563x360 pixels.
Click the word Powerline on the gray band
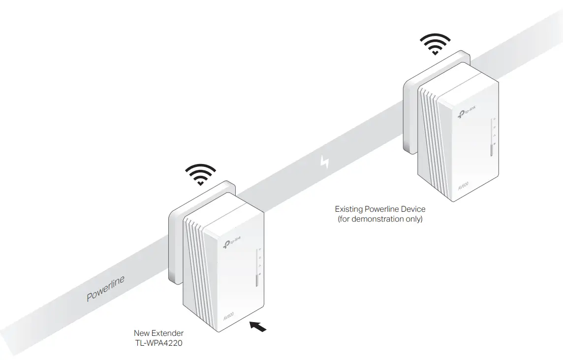105,288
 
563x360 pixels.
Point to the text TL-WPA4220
158,343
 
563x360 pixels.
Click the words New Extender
158,333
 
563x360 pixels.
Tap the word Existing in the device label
348,209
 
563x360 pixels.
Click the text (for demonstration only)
380,219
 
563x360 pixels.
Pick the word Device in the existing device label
412,209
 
